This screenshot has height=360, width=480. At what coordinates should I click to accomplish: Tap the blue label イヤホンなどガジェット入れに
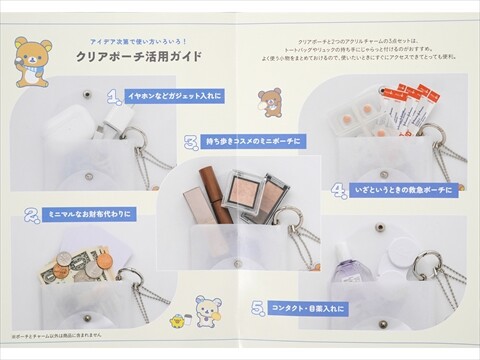click(175, 96)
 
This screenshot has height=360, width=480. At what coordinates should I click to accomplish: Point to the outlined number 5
click(257, 308)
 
